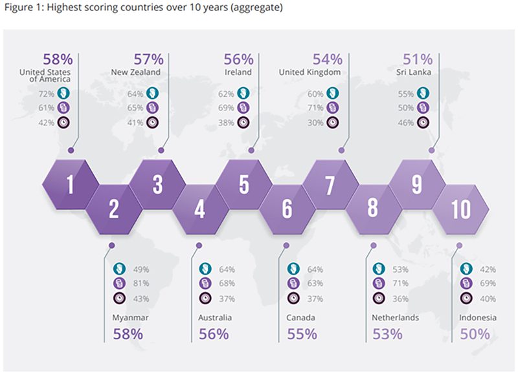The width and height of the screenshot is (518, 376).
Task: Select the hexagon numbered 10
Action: pyautogui.click(x=460, y=209)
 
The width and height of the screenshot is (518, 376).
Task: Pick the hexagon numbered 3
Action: pyautogui.click(x=157, y=185)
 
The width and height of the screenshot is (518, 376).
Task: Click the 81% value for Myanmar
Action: pyautogui.click(x=141, y=283)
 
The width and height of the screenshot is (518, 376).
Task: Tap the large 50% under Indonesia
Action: pyautogui.click(x=475, y=334)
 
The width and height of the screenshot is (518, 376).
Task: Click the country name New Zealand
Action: pyautogui.click(x=137, y=72)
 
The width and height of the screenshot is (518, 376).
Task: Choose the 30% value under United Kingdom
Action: pyautogui.click(x=315, y=123)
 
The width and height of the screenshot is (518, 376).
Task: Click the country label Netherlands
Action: pyautogui.click(x=396, y=318)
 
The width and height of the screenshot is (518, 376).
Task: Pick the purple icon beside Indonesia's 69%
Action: pyautogui.click(x=466, y=283)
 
